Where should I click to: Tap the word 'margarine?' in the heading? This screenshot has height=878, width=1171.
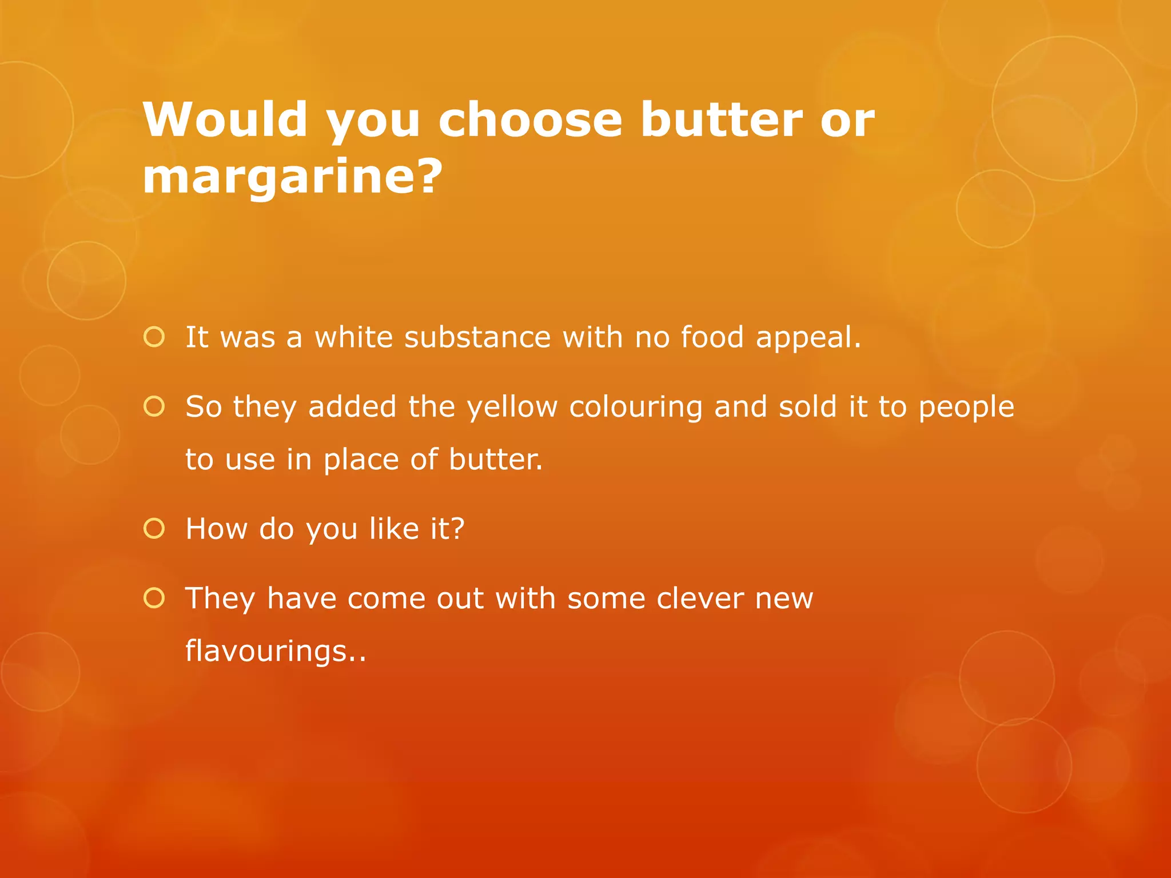(292, 175)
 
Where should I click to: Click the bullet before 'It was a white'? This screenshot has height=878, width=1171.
(154, 337)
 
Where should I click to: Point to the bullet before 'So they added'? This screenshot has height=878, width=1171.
(154, 406)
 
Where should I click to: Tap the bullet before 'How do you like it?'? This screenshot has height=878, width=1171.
(154, 529)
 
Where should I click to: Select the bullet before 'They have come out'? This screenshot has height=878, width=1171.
(154, 598)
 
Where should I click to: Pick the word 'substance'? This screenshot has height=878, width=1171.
(477, 337)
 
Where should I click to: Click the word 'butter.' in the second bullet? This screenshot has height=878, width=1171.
(496, 460)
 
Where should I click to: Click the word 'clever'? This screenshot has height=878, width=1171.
(700, 598)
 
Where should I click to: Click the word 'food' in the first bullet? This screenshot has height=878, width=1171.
(712, 337)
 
